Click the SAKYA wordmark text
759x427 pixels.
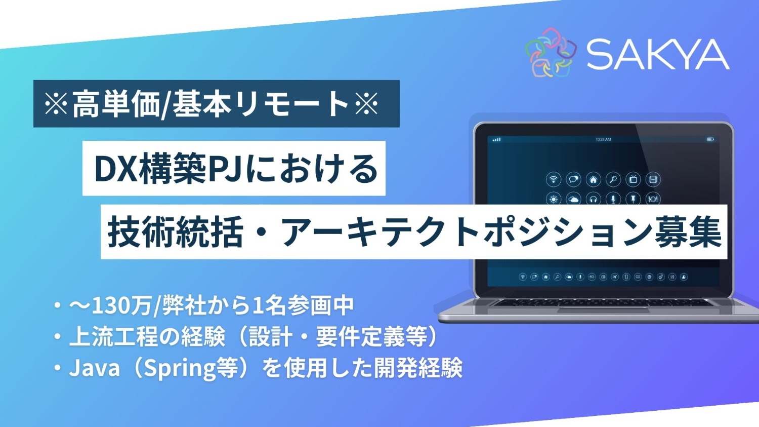(x=657, y=54)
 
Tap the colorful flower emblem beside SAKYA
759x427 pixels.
(x=551, y=53)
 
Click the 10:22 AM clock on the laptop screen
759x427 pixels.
(x=603, y=139)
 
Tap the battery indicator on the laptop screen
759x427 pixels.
(x=710, y=139)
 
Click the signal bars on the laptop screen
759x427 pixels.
(x=497, y=139)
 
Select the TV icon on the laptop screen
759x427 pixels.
(x=633, y=179)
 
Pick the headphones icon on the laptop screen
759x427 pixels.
(x=593, y=199)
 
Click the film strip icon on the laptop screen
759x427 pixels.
(x=653, y=179)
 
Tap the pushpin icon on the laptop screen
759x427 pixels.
(x=633, y=199)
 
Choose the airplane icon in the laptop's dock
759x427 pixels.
(x=615, y=277)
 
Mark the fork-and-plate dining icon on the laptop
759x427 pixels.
(x=653, y=199)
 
